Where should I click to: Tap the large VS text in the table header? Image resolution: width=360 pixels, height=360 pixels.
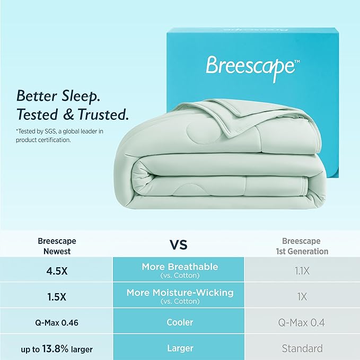tap(178, 245)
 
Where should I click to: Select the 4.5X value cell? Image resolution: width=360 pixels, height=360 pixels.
tap(57, 270)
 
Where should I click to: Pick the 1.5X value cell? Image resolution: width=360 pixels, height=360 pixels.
tap(57, 296)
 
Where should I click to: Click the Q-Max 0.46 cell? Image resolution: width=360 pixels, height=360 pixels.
tap(57, 322)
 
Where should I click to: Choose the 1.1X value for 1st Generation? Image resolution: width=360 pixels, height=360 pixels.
tap(302, 270)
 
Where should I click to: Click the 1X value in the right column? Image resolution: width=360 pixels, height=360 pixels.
tap(302, 296)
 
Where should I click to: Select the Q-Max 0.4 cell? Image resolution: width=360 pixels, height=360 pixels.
tap(302, 322)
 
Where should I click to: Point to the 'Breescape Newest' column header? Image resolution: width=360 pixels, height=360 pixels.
tap(57, 246)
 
